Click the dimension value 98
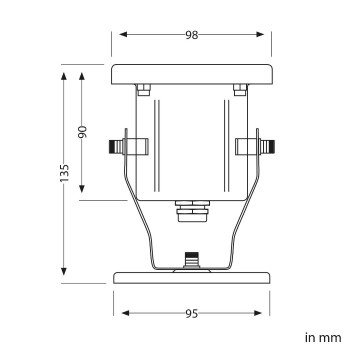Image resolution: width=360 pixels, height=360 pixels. tap(192, 35)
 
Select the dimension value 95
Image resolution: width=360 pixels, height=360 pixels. tap(192, 314)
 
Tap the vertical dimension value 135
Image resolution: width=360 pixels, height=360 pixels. tap(64, 173)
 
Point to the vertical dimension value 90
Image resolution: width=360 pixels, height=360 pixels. tap(82, 132)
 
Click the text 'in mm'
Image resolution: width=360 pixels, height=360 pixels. tap(323, 338)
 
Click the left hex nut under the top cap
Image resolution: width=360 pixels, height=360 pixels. tap(144, 90)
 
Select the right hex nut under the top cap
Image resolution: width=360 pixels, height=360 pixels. tap(240, 90)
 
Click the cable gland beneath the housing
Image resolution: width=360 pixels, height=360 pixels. tap(192, 211)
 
